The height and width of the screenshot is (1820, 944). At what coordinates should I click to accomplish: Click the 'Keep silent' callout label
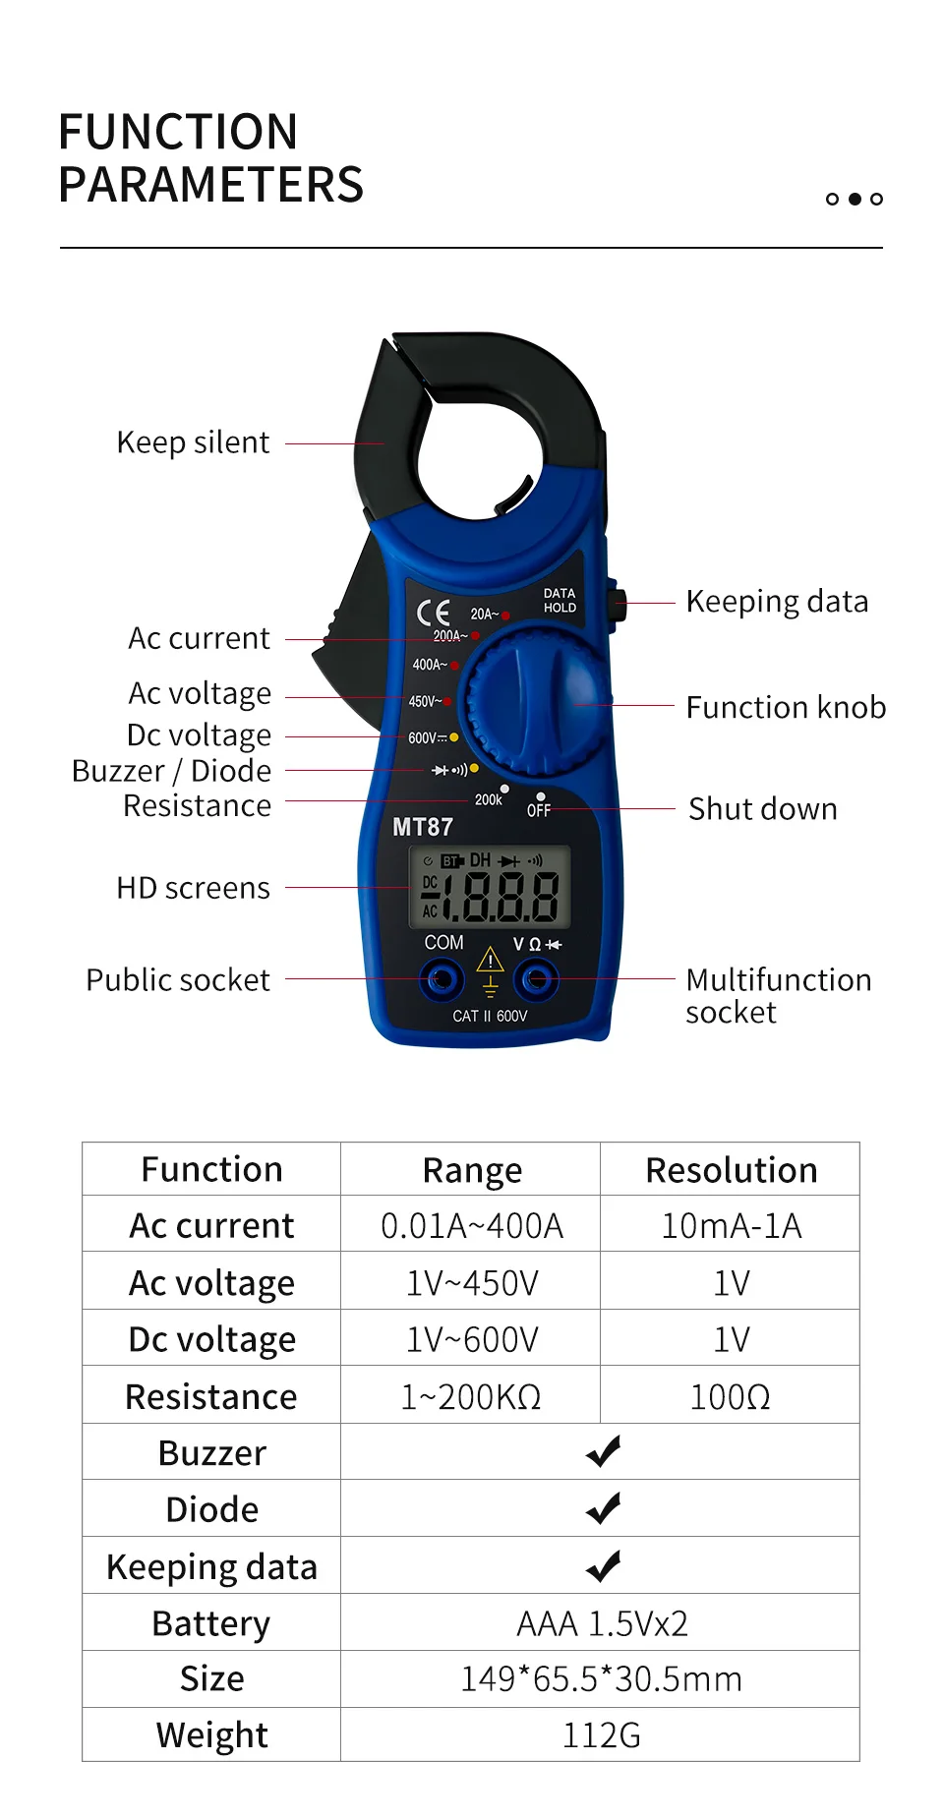click(x=193, y=443)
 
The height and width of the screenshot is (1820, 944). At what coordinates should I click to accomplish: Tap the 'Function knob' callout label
click(x=786, y=707)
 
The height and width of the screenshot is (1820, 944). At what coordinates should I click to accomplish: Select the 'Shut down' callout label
click(x=763, y=809)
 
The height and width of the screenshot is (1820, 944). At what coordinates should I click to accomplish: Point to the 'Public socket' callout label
click(x=178, y=980)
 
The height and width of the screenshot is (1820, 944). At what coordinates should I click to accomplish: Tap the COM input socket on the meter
click(x=442, y=979)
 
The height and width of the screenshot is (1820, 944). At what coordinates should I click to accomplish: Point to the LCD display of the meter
click(x=490, y=888)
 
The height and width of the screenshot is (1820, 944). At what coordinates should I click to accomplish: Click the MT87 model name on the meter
click(x=423, y=828)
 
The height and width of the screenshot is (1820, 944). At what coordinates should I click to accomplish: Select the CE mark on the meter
click(x=434, y=613)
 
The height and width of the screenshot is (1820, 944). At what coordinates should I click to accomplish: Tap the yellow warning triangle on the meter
click(x=490, y=960)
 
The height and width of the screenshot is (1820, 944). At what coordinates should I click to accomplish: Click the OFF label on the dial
click(x=539, y=810)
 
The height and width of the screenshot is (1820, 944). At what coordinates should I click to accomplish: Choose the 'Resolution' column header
click(x=731, y=1170)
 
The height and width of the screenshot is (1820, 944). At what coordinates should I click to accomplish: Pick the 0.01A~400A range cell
click(x=472, y=1226)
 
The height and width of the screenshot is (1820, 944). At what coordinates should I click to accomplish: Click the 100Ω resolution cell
click(x=730, y=1397)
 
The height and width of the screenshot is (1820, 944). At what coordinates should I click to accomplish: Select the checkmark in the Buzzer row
click(x=603, y=1451)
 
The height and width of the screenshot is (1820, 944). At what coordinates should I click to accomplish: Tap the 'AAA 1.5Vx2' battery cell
click(x=602, y=1623)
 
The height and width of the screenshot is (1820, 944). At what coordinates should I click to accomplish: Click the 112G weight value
click(x=602, y=1735)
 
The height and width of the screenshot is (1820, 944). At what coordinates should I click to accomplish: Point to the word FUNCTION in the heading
click(x=178, y=132)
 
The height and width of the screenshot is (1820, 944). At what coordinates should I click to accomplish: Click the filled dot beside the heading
click(x=855, y=199)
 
